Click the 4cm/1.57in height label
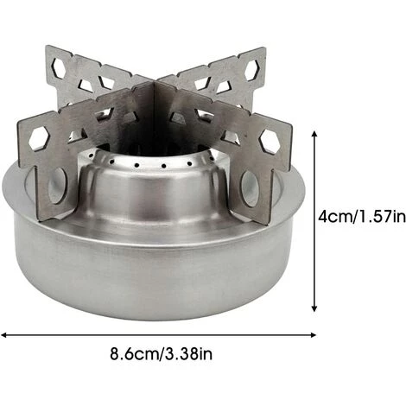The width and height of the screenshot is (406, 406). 362,216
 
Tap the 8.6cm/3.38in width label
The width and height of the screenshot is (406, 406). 161,353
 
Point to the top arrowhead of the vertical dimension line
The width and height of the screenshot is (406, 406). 314,134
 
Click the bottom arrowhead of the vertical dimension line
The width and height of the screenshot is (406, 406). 314,308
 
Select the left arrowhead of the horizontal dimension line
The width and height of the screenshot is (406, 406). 4,335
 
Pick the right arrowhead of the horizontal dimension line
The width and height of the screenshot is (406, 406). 313,335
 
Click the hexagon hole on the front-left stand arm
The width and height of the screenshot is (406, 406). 40,139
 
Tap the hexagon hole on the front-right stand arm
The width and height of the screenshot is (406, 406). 270,141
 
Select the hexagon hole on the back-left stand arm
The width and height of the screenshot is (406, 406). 60,67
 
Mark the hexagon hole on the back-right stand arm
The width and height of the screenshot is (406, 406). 253,70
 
